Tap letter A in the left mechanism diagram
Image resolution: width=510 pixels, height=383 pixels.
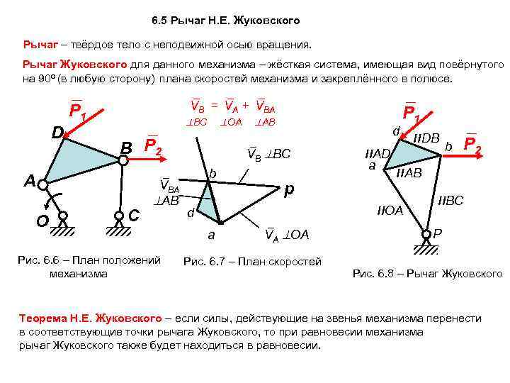30,182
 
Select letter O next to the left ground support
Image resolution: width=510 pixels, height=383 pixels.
42,221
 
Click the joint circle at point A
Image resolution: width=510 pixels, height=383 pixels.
43,185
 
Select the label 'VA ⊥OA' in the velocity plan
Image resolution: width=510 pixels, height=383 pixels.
287,234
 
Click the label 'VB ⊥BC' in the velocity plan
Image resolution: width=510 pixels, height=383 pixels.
269,153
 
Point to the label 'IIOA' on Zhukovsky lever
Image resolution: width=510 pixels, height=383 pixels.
389,211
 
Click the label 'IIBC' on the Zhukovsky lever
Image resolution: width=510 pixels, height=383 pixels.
450,201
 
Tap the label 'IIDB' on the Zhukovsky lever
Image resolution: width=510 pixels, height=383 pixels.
426,137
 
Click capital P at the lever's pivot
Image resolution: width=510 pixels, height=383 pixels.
438,233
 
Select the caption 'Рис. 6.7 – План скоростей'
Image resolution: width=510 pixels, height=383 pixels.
252,261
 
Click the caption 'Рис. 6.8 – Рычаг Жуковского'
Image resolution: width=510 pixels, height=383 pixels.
427,273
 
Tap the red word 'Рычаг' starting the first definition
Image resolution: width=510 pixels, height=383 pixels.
40,45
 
